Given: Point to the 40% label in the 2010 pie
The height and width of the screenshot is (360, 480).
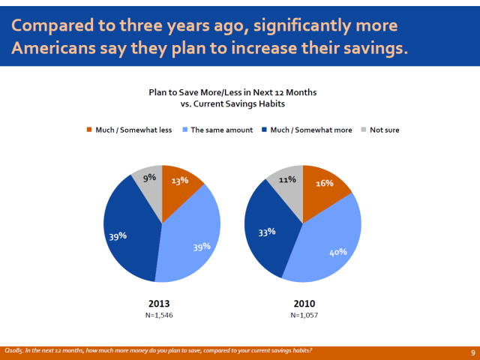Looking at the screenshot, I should click(x=338, y=252).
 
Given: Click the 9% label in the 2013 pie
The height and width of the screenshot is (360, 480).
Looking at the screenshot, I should click(x=148, y=178).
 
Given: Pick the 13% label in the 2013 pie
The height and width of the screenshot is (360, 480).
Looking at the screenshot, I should click(x=178, y=180).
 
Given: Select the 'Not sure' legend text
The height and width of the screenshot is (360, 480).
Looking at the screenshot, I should click(x=384, y=130).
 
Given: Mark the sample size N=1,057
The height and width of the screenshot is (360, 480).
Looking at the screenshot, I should click(x=303, y=315).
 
